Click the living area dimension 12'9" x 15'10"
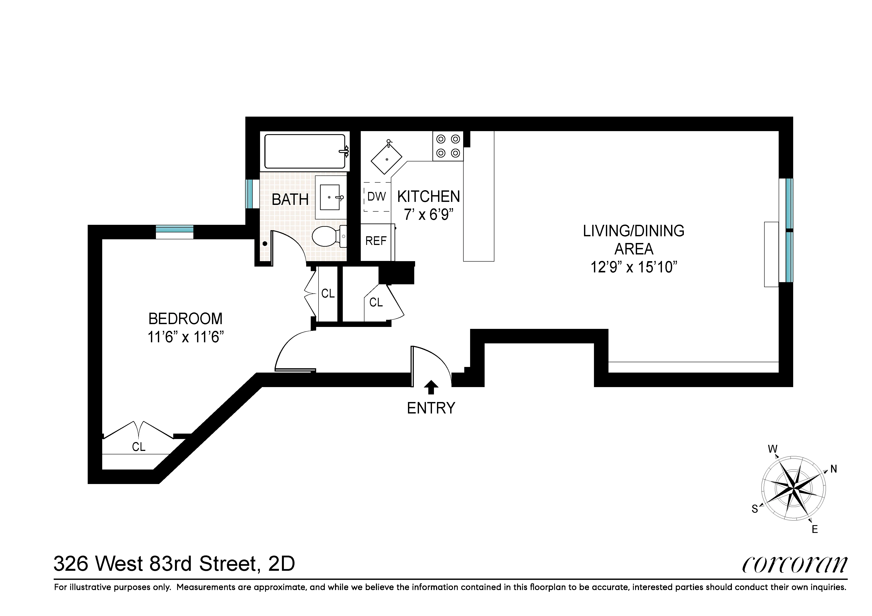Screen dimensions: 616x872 coord(634,267)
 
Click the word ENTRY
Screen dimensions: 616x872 coord(431,408)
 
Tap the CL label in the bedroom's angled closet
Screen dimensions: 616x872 coord(139,447)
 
